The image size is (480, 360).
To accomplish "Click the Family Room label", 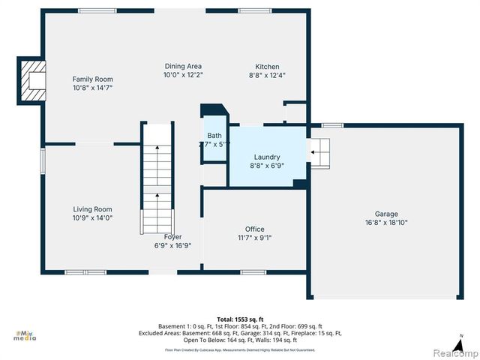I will click(x=92, y=79).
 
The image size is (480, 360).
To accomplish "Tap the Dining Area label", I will click(x=183, y=66).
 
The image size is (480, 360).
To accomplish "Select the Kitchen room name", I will click(x=267, y=66).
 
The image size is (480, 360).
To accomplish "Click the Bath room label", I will click(x=214, y=135).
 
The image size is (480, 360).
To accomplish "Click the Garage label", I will click(x=387, y=214).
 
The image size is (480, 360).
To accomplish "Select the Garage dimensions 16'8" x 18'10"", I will click(x=387, y=222).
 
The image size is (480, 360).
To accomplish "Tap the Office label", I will click(x=254, y=229).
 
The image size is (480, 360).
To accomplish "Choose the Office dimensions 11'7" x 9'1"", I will click(x=254, y=238).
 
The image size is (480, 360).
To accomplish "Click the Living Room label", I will click(x=92, y=209).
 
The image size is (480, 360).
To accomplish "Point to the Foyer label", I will click(x=173, y=236).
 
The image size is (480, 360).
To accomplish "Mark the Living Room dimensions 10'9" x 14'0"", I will click(x=92, y=218).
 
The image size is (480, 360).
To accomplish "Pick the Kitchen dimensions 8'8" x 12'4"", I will click(x=267, y=75).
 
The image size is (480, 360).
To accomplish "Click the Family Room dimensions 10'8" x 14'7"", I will click(x=92, y=88).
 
